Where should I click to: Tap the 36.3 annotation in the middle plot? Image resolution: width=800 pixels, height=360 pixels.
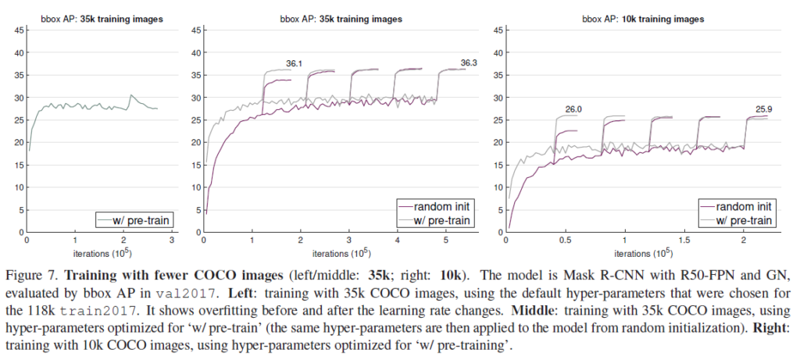468,62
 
